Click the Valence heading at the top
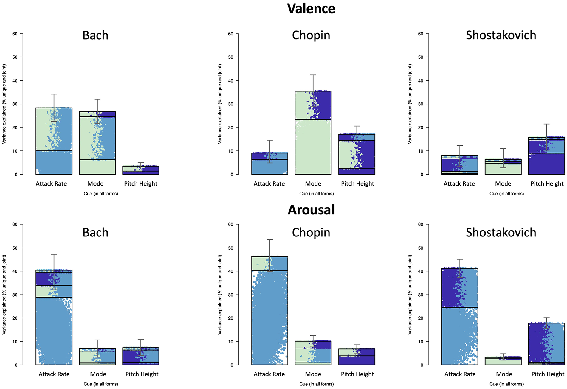[x=311, y=9]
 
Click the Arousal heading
[x=311, y=210]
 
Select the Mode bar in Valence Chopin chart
[x=313, y=133]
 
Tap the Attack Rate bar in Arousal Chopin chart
[x=270, y=310]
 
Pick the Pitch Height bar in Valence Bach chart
[x=141, y=170]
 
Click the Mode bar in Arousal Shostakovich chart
[x=503, y=361]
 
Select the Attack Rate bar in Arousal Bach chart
[x=54, y=317]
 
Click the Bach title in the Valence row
[x=95, y=35]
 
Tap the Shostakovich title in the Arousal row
[x=501, y=232]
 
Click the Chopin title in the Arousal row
[x=311, y=233]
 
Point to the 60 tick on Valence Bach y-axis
[x=15, y=34]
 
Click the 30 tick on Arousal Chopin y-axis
[x=230, y=295]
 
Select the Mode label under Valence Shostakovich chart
[x=503, y=184]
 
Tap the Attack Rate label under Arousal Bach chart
[x=54, y=374]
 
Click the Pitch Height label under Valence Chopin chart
[x=357, y=184]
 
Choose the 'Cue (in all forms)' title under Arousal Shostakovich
[x=506, y=384]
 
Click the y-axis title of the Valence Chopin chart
[x=220, y=104]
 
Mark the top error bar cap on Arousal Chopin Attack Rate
[x=270, y=239]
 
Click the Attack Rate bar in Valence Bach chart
[x=54, y=141]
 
